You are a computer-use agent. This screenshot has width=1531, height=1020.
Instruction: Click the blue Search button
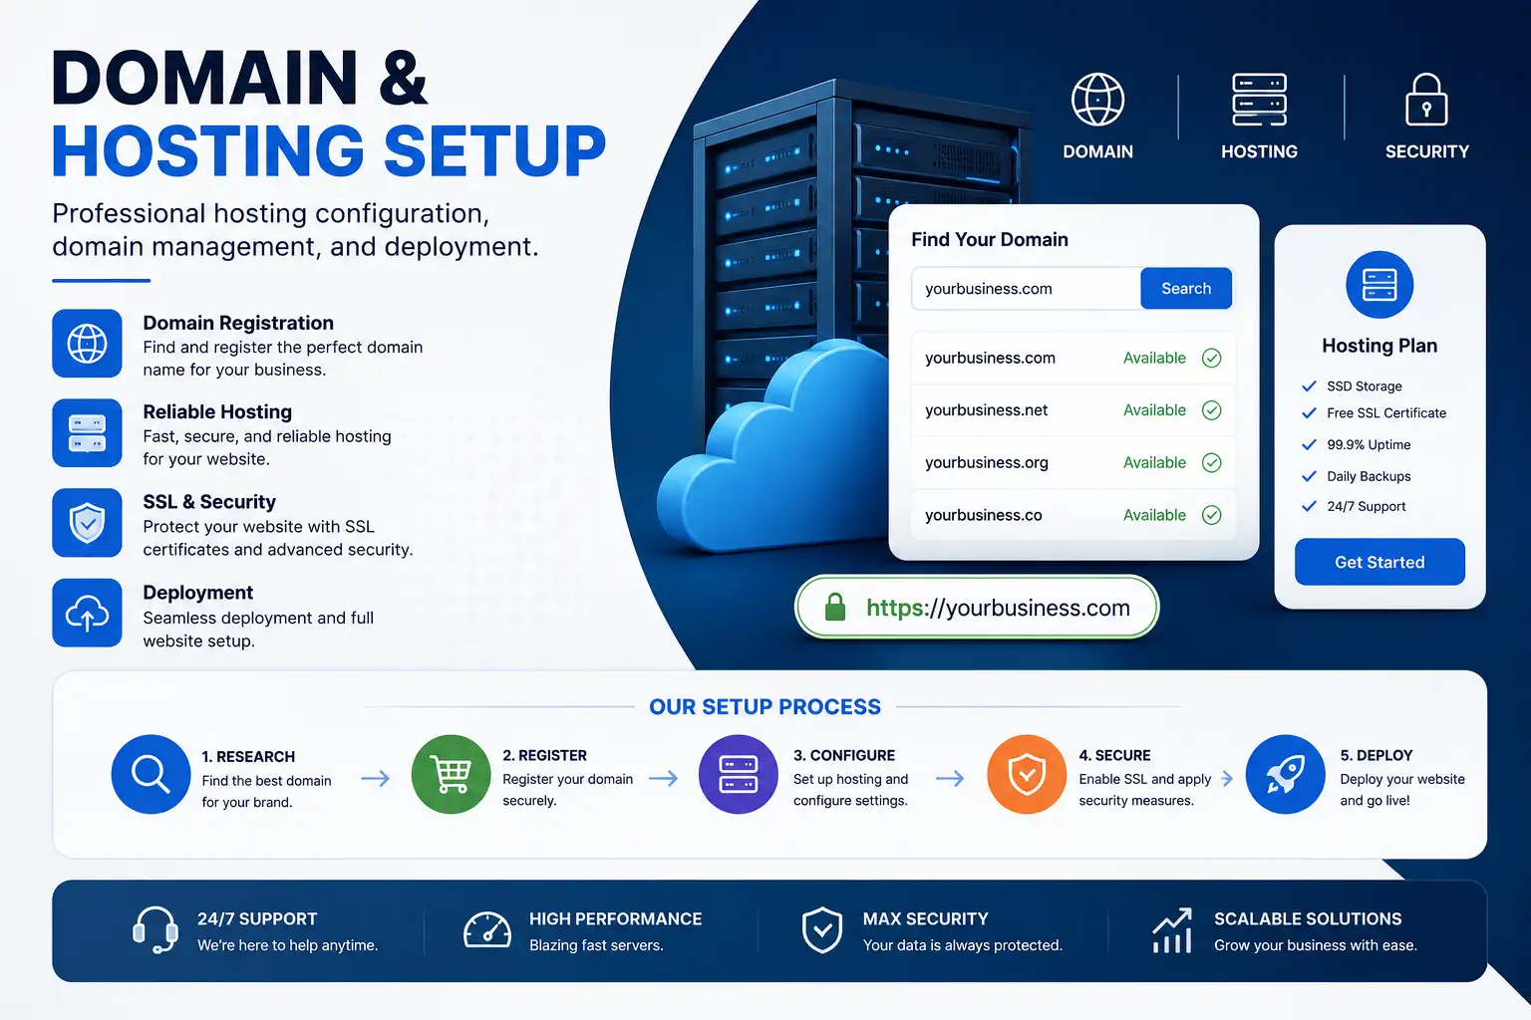point(1186,288)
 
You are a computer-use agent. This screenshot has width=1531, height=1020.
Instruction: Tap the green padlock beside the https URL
point(834,607)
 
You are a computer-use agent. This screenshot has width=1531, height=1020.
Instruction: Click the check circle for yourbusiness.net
point(1211,410)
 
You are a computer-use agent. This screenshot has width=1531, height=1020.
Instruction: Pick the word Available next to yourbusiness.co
point(1154,514)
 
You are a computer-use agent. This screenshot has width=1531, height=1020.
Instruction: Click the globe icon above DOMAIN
point(1097,100)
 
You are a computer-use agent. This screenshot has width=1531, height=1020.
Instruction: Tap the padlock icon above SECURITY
point(1426,100)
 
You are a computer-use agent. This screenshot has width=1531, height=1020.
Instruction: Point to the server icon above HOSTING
point(1259,100)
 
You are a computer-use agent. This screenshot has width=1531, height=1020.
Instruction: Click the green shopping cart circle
point(451,774)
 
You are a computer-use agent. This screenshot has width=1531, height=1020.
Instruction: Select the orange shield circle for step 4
point(1026,774)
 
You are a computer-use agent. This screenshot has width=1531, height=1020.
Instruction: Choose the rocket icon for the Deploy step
point(1286,775)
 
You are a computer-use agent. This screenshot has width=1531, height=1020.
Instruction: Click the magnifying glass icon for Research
point(152,774)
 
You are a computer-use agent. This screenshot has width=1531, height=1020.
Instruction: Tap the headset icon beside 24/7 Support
point(155,929)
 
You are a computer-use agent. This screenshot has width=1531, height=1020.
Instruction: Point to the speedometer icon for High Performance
point(486,929)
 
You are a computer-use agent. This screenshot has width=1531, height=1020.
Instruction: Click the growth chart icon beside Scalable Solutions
point(1172,929)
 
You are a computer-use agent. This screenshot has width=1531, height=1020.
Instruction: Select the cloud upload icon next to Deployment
point(87,613)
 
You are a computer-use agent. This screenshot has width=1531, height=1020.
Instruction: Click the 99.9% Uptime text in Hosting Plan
point(1369,444)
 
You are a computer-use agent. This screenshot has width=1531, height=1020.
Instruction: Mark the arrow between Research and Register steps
point(375,778)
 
